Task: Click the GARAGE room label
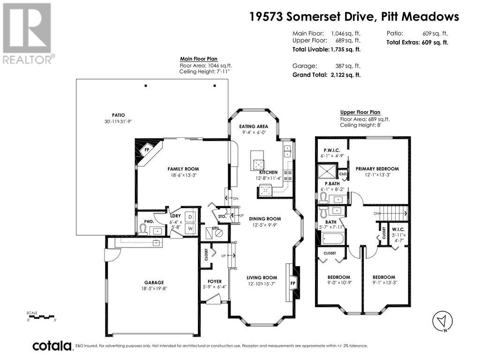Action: coord(154,282)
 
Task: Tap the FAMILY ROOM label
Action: coord(183,169)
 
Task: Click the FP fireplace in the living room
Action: coord(293,283)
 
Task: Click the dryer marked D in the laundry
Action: coord(190,217)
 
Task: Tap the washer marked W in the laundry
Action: coord(190,228)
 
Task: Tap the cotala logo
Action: coord(52,346)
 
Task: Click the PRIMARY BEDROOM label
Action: coord(377,169)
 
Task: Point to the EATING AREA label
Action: coord(254,127)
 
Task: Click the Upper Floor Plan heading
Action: coord(360,112)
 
